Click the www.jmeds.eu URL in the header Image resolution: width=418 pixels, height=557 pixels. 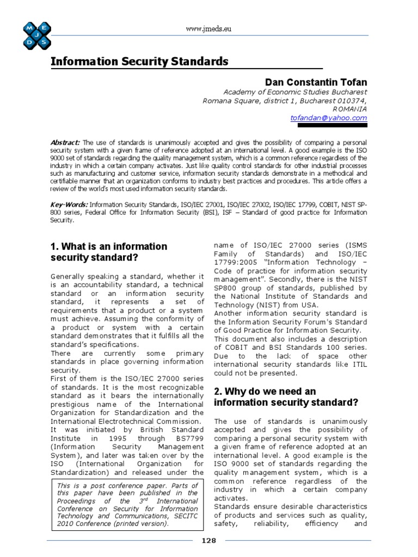coord(209,29)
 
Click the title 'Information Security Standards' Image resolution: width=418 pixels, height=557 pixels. coord(139,61)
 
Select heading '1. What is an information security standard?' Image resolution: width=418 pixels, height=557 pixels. coord(109,252)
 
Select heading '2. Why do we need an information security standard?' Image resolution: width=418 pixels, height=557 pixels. coord(286,397)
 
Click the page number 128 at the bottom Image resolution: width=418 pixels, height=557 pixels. coord(209,540)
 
